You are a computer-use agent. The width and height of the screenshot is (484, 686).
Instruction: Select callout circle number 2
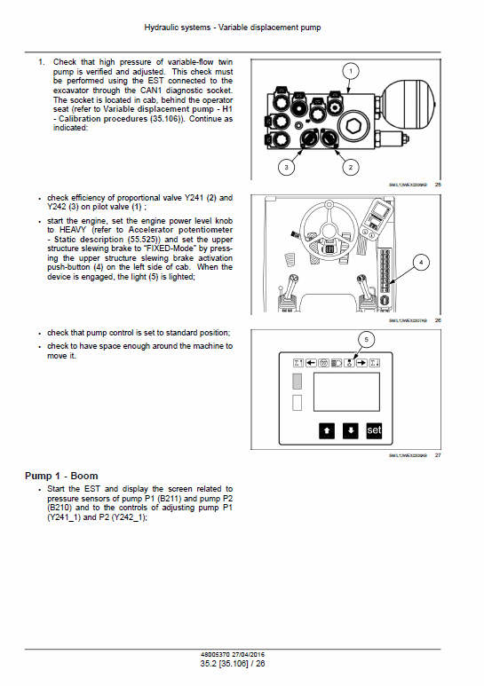[x=350, y=167]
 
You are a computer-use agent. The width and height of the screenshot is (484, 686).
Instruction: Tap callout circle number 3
[x=286, y=167]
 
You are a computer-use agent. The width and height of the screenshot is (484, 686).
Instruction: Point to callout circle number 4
[x=421, y=262]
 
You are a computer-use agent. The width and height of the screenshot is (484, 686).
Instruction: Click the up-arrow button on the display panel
[x=327, y=430]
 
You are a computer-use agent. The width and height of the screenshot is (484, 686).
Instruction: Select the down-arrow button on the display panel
[x=351, y=430]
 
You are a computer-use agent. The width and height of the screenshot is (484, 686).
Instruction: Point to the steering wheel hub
[x=329, y=249]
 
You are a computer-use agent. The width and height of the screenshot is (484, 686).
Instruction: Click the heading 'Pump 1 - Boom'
[x=59, y=477]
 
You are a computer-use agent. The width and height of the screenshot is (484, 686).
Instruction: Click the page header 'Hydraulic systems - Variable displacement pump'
[x=242, y=28]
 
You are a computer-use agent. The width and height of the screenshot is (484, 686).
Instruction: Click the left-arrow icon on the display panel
[x=312, y=362]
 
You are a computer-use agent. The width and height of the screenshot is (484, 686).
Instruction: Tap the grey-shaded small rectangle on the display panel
[x=298, y=381]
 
